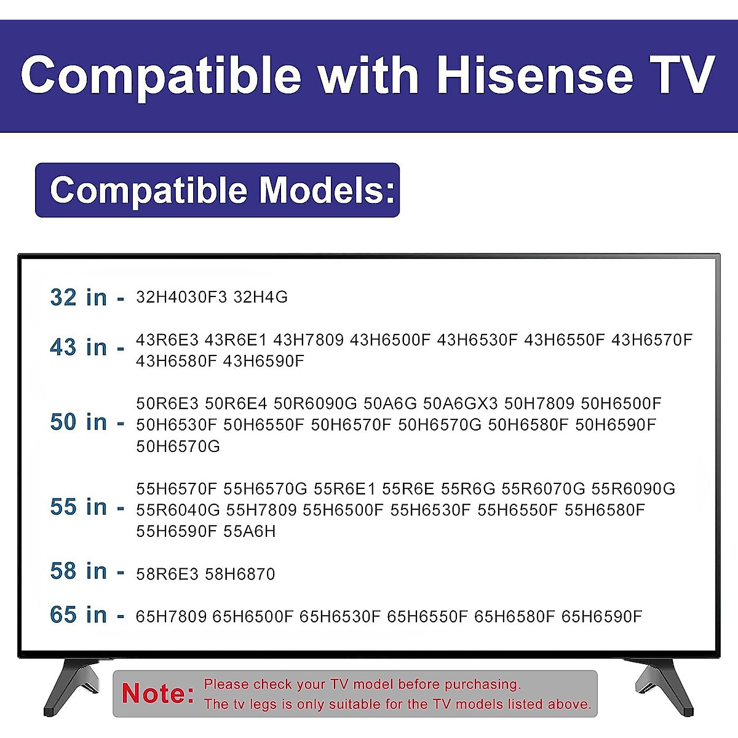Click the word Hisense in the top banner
click(534, 75)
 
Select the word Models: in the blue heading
click(327, 190)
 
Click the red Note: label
click(158, 694)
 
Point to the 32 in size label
click(78, 298)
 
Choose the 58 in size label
click(78, 571)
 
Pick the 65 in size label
click(78, 615)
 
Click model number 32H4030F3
click(181, 297)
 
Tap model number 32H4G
click(261, 297)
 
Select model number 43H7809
click(308, 339)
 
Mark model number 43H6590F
click(264, 361)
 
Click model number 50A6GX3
click(461, 404)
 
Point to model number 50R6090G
click(315, 404)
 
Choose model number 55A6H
click(250, 531)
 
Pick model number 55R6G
click(468, 489)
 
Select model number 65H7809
click(171, 616)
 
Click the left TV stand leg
click(71, 686)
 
